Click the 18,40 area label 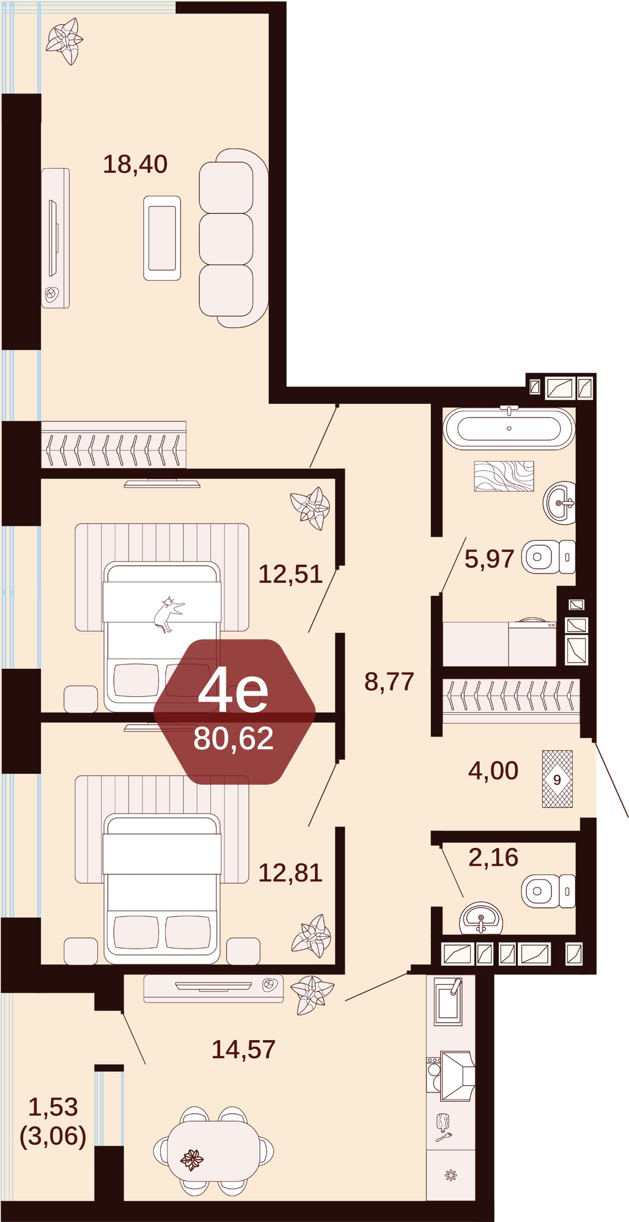click(135, 164)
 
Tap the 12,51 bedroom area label click(290, 575)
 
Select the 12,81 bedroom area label click(290, 873)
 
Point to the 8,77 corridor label click(389, 682)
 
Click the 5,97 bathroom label click(489, 559)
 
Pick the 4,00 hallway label click(493, 771)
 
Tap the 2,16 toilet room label click(493, 858)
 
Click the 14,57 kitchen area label click(243, 1050)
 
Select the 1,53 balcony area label click(53, 1107)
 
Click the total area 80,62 click(234, 738)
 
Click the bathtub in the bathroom click(509, 428)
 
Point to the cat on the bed click(168, 614)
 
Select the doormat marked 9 click(557, 779)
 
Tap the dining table click(213, 1151)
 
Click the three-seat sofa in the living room click(233, 238)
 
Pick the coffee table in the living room click(162, 238)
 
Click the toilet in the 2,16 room click(548, 891)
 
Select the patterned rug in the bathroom click(504, 476)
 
